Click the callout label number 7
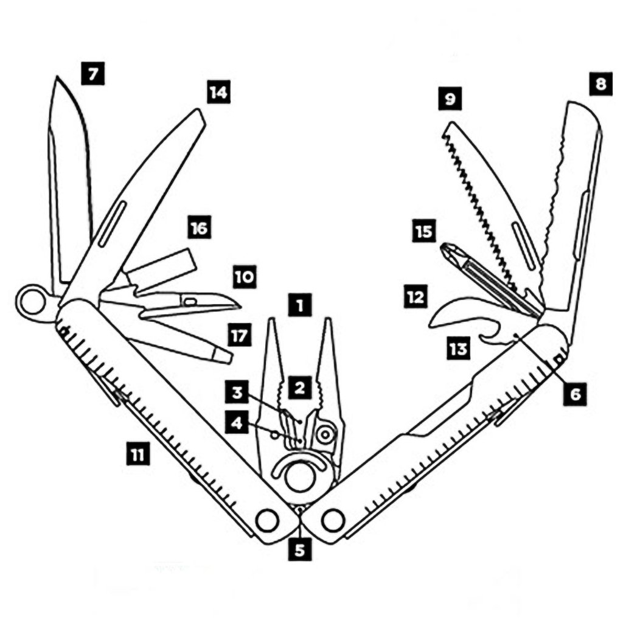92,75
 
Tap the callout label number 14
217,92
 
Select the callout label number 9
450,99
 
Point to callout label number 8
600,85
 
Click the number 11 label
139,454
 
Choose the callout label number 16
199,228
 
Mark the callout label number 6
575,394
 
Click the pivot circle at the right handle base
333,520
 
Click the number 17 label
240,335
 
